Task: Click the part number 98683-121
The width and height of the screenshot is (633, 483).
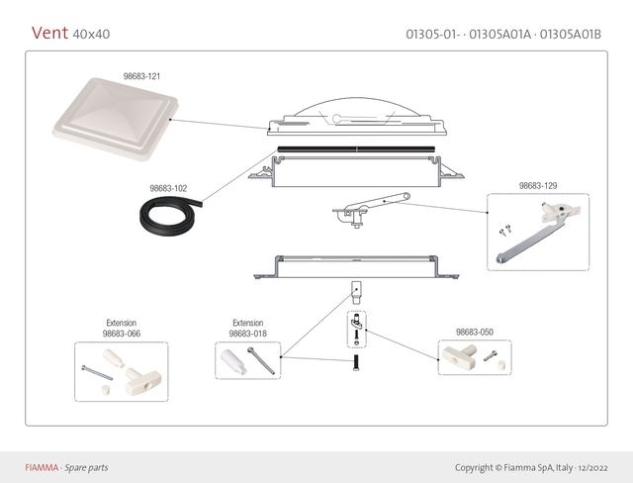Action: click(142, 75)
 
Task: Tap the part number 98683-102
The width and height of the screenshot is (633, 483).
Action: click(168, 187)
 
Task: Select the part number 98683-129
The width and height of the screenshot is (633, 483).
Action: click(538, 185)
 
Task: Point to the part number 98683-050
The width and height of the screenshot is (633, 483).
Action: click(475, 332)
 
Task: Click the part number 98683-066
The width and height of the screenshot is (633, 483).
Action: click(121, 334)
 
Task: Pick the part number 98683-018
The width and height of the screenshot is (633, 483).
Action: click(247, 334)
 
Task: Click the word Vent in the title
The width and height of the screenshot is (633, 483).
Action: click(49, 33)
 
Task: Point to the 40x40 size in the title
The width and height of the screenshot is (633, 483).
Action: click(91, 35)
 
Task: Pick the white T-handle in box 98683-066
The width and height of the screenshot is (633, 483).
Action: click(136, 376)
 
